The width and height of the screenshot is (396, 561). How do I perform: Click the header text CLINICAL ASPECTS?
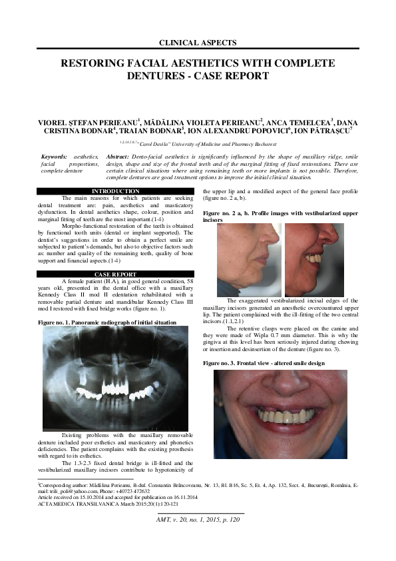tap(198, 43)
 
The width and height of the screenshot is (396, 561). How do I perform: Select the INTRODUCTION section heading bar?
tap(115, 192)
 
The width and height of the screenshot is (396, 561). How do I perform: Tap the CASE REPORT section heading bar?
tap(115, 274)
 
